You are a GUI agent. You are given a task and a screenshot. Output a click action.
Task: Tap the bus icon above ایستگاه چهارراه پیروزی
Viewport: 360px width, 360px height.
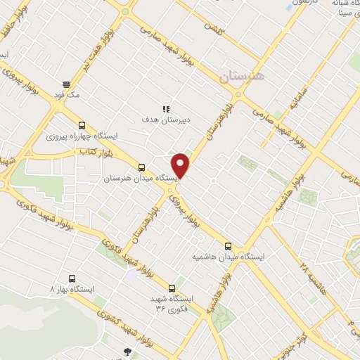[x=82, y=125]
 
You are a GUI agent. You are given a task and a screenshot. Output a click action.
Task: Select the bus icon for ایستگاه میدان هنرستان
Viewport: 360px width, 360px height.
[x=142, y=167]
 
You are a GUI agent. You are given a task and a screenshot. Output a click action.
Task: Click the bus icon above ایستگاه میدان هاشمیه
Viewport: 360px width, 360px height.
[x=227, y=246]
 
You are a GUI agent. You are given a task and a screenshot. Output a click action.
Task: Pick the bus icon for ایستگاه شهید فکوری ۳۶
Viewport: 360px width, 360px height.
[x=172, y=288]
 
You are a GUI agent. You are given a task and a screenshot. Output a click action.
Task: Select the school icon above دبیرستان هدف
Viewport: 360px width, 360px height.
[x=166, y=108]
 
